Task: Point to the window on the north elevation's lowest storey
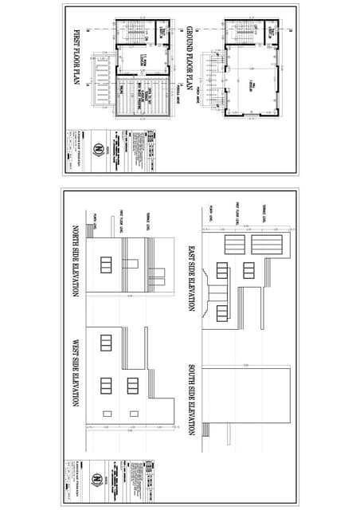[x=106, y=265]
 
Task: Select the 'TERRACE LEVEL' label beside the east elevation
[x=263, y=214]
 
